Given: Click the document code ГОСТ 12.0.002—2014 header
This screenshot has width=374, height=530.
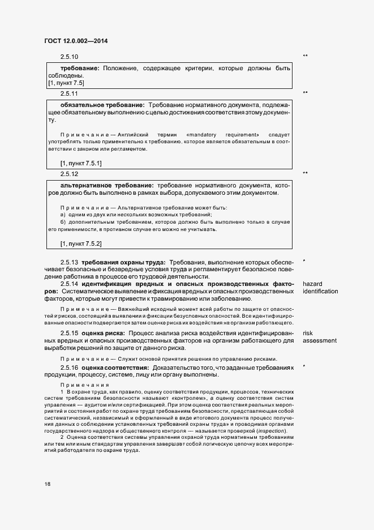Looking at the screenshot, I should click(76, 41).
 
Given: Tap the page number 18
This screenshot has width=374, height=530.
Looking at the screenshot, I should click(47, 484).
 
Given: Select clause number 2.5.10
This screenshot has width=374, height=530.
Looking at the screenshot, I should click(69, 57).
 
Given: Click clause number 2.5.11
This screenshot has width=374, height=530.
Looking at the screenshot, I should click(69, 93).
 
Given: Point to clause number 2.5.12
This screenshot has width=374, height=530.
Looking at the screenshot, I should click(69, 173).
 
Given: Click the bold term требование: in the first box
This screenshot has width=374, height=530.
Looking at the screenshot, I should click(80, 69).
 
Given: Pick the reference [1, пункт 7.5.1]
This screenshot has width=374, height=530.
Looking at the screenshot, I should click(81, 164).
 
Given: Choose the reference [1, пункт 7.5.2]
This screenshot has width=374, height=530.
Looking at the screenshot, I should click(81, 244).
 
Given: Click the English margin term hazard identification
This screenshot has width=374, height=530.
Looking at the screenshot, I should click(320, 288).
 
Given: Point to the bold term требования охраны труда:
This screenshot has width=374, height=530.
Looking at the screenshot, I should click(123, 263).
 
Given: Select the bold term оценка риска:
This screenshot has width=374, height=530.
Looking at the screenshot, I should click(103, 334).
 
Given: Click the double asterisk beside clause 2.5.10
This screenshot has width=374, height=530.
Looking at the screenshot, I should click(306, 56).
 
